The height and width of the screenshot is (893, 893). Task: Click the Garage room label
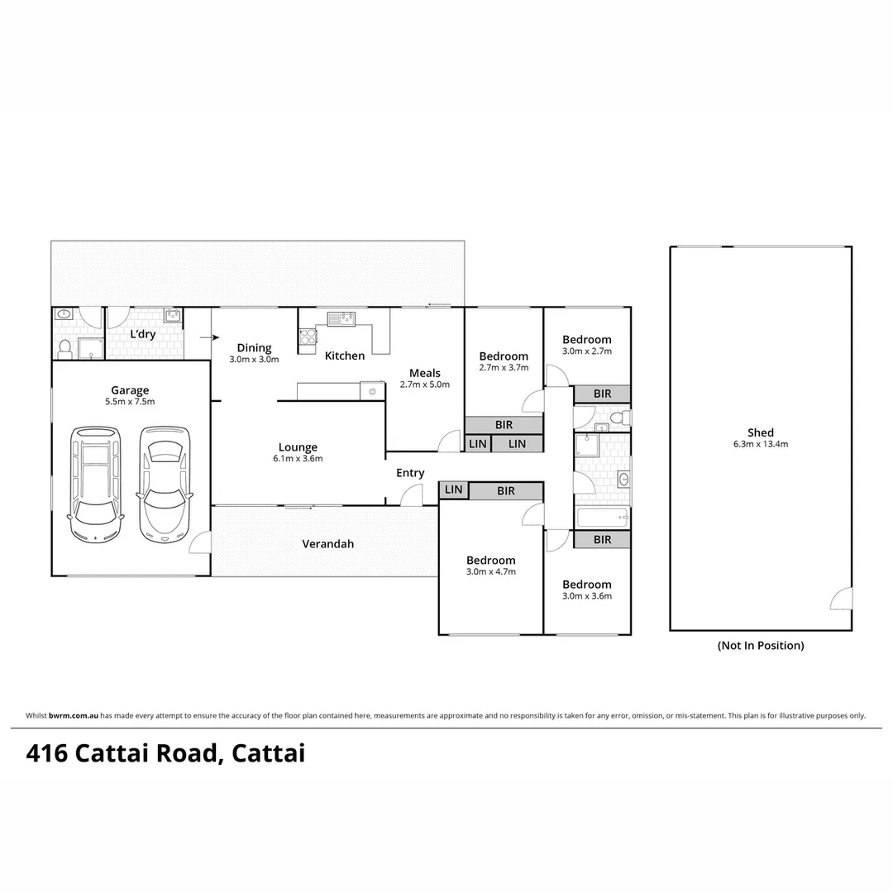[x=131, y=390]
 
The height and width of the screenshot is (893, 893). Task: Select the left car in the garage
[x=95, y=483]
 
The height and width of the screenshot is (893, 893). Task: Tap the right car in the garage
[x=165, y=485]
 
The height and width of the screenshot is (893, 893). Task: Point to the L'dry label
[x=143, y=335]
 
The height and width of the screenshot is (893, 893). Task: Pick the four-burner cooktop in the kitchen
[x=307, y=336]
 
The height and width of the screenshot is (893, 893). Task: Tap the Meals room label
[x=425, y=373]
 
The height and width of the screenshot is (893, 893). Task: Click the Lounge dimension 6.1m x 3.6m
[x=298, y=459]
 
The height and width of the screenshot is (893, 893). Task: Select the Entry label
[x=410, y=473]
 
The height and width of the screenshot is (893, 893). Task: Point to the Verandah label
[x=327, y=544]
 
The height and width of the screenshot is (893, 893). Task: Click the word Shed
[x=760, y=432]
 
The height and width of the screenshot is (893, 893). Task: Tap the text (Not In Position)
[x=760, y=646]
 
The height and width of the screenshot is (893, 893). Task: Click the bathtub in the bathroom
[x=602, y=518]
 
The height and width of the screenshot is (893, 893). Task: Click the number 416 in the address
[x=47, y=754]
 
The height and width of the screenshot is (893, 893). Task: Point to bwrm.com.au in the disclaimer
[x=74, y=716]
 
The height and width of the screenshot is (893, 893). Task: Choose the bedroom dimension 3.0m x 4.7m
[x=491, y=571]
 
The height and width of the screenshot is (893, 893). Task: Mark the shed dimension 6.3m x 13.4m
[x=760, y=444]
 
